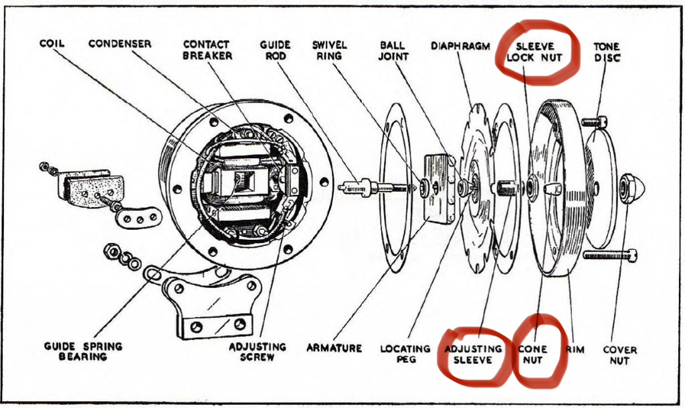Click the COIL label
point(52,44)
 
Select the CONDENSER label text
point(120,44)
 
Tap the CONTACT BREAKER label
point(207,50)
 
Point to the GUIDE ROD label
point(274,50)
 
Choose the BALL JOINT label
point(393,50)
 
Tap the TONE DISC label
point(607,52)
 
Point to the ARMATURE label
point(334,348)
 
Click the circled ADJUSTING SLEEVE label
point(473,354)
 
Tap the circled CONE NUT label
point(532,354)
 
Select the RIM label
point(575,349)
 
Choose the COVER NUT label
point(620,355)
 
